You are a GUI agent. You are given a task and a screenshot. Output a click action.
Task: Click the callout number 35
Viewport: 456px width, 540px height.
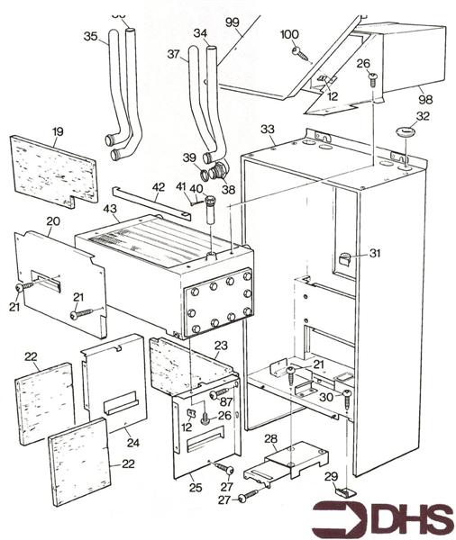tap(89, 37)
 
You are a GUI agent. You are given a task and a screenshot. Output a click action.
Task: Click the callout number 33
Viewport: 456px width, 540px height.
tap(267, 130)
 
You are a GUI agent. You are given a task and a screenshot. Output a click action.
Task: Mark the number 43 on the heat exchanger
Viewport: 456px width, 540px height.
tap(111, 209)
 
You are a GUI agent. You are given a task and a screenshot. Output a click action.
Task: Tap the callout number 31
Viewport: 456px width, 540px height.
tap(374, 254)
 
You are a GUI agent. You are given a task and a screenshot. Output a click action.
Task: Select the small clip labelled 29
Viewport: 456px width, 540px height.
tap(344, 490)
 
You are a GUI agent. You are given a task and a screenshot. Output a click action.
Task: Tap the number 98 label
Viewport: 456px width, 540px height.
tap(422, 93)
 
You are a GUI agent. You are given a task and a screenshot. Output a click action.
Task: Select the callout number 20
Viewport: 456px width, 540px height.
tap(52, 221)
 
